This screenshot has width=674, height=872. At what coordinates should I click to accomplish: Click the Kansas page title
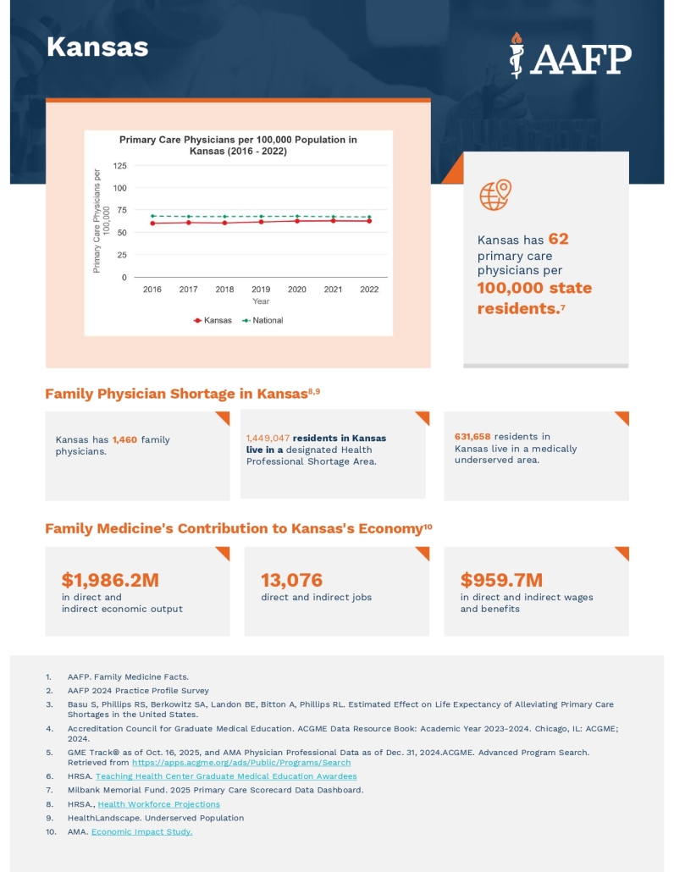pos(97,47)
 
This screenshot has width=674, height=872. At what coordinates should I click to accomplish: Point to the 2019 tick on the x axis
pos(261,290)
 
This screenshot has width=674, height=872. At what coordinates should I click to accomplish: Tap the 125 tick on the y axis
pos(119,166)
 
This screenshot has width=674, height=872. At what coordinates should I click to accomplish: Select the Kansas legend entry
pos(213,321)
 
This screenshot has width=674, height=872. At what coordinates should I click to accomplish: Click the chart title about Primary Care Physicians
pos(238,145)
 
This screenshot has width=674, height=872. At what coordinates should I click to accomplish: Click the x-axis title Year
pos(261,301)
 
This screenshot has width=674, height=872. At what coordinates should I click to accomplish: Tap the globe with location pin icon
pos(495,195)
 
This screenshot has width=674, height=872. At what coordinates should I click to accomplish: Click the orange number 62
pos(558,240)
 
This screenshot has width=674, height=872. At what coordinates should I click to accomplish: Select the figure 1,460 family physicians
pos(124,439)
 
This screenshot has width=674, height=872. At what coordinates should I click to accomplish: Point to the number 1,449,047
pos(268,438)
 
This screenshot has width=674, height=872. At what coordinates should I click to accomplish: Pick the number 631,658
pos(472,437)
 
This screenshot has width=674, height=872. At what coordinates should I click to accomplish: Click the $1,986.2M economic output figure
pos(110,580)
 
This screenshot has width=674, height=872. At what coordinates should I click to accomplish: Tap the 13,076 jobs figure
pos(291,580)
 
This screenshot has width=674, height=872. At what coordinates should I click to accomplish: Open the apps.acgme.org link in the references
pos(241,763)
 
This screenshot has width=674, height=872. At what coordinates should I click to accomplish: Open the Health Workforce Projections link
pos(158,804)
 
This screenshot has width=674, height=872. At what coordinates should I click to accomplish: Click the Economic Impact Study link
pos(141,832)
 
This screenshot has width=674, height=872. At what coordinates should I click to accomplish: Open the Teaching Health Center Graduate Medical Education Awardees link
pos(226,776)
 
